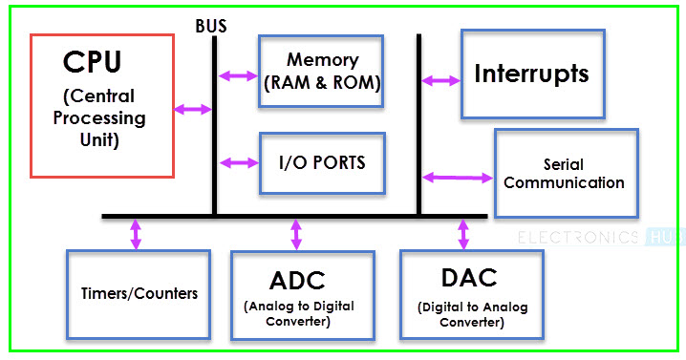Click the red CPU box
click(102, 105)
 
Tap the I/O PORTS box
click(322, 162)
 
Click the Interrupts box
click(532, 74)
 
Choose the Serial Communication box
click(565, 174)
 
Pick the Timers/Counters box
click(138, 293)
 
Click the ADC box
click(298, 294)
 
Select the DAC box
click(471, 293)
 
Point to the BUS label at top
click(210, 26)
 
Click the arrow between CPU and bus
click(193, 110)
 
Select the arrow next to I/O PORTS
click(238, 161)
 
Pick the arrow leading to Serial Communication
click(457, 177)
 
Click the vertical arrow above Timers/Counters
click(136, 234)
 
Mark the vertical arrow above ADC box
click(296, 234)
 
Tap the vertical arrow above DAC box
click(464, 234)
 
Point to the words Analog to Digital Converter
click(298, 313)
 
